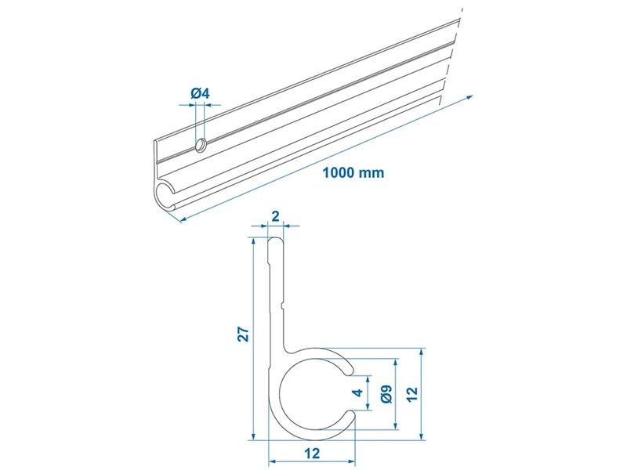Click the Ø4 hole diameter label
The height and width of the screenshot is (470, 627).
pyautogui.click(x=201, y=94)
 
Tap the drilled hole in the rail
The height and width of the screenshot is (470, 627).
pyautogui.click(x=201, y=145)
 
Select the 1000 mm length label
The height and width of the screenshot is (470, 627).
pyautogui.click(x=353, y=172)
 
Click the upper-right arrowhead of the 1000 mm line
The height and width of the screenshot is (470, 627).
pyautogui.click(x=469, y=97)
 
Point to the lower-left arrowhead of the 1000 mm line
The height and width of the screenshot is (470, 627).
pyautogui.click(x=183, y=219)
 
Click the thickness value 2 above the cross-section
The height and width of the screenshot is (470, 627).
pyautogui.click(x=275, y=216)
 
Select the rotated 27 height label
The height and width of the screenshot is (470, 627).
pyautogui.click(x=244, y=334)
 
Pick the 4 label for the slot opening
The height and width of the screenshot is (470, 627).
pyautogui.click(x=359, y=392)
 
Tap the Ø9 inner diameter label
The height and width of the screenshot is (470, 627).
pyautogui.click(x=386, y=394)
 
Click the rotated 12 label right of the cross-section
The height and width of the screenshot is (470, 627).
pyautogui.click(x=414, y=394)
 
